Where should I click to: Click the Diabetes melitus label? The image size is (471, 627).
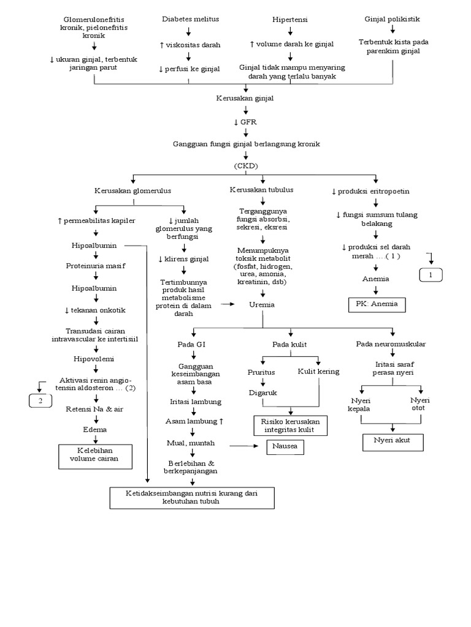click(190, 19)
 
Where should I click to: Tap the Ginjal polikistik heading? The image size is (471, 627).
click(392, 19)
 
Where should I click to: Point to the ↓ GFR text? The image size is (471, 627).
click(245, 121)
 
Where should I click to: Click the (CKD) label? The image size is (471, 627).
click(245, 165)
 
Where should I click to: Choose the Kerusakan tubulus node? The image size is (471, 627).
click(261, 190)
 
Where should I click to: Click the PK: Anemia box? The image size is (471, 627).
click(377, 304)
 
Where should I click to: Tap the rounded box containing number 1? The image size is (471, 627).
click(431, 275)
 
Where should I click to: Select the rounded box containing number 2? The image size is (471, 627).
click(41, 402)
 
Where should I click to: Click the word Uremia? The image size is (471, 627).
click(262, 304)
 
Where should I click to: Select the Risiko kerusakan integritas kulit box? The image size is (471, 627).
click(290, 425)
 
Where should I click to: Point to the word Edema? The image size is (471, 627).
click(96, 430)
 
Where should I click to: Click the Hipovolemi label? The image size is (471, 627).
click(96, 358)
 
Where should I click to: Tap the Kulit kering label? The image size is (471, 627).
click(318, 371)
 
